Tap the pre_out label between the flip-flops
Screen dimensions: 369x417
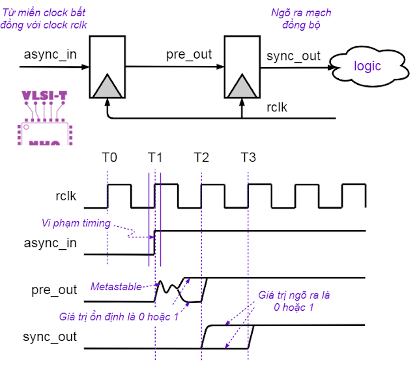pos(188,54)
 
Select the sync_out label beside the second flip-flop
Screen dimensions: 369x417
pos(293,56)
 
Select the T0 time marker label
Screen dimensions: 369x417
pos(109,157)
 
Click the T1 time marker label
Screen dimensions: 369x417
pos(156,157)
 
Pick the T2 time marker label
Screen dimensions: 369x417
pos(201,157)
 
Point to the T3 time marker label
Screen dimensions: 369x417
pos(248,157)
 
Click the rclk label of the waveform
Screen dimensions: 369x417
pos(65,196)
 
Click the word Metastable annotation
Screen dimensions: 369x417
pos(115,287)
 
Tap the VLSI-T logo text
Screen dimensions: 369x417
pos(44,96)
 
